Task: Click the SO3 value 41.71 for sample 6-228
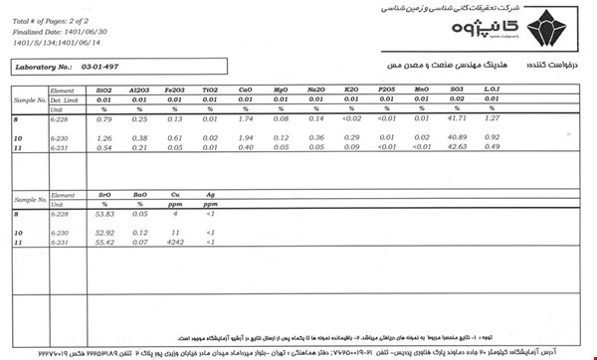(455, 119)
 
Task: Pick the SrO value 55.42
(104, 243)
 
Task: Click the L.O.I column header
(491, 90)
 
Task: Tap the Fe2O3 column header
(174, 90)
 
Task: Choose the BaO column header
(139, 196)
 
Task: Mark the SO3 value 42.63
(455, 146)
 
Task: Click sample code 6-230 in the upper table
(59, 137)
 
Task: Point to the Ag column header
(209, 196)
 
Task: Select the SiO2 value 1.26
(104, 137)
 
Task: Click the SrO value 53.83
(104, 215)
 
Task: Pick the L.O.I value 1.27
(491, 119)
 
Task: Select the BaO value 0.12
(139, 233)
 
